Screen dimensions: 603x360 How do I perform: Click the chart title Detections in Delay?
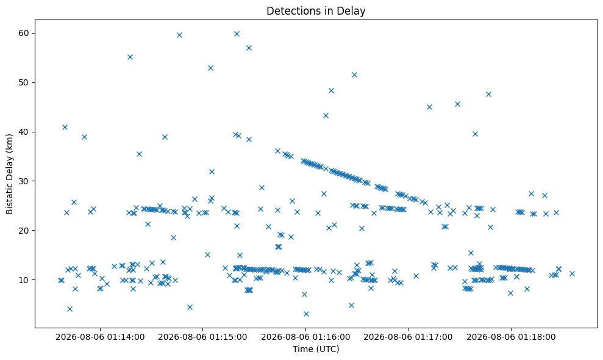click(316, 11)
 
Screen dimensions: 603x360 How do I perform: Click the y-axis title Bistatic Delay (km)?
click(10, 174)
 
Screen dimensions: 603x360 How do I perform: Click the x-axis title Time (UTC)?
click(316, 349)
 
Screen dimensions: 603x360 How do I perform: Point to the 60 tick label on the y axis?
click(24, 33)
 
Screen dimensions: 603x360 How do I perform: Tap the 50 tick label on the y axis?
click(24, 82)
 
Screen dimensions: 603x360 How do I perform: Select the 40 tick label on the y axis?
click(24, 132)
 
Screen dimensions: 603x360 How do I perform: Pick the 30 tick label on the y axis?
click(24, 181)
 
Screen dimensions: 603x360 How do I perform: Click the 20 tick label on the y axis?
click(24, 230)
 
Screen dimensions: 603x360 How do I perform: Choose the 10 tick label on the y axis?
click(24, 279)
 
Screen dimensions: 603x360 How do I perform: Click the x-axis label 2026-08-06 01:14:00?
click(100, 337)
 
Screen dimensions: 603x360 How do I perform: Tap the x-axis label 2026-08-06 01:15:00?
click(202, 337)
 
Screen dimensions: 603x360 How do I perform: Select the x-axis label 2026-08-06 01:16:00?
click(305, 337)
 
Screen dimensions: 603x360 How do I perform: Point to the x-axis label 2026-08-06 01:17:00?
click(408, 337)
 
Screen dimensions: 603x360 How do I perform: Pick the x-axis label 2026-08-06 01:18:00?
click(511, 337)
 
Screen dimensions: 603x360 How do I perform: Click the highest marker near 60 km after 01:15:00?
click(237, 34)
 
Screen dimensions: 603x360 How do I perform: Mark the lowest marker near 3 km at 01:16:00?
click(306, 314)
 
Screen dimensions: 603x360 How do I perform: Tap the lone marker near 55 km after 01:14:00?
click(130, 57)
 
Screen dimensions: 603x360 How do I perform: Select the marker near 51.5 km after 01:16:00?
click(355, 74)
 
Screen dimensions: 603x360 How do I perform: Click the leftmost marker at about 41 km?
click(65, 127)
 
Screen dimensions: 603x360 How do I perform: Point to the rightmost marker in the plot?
click(572, 273)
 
